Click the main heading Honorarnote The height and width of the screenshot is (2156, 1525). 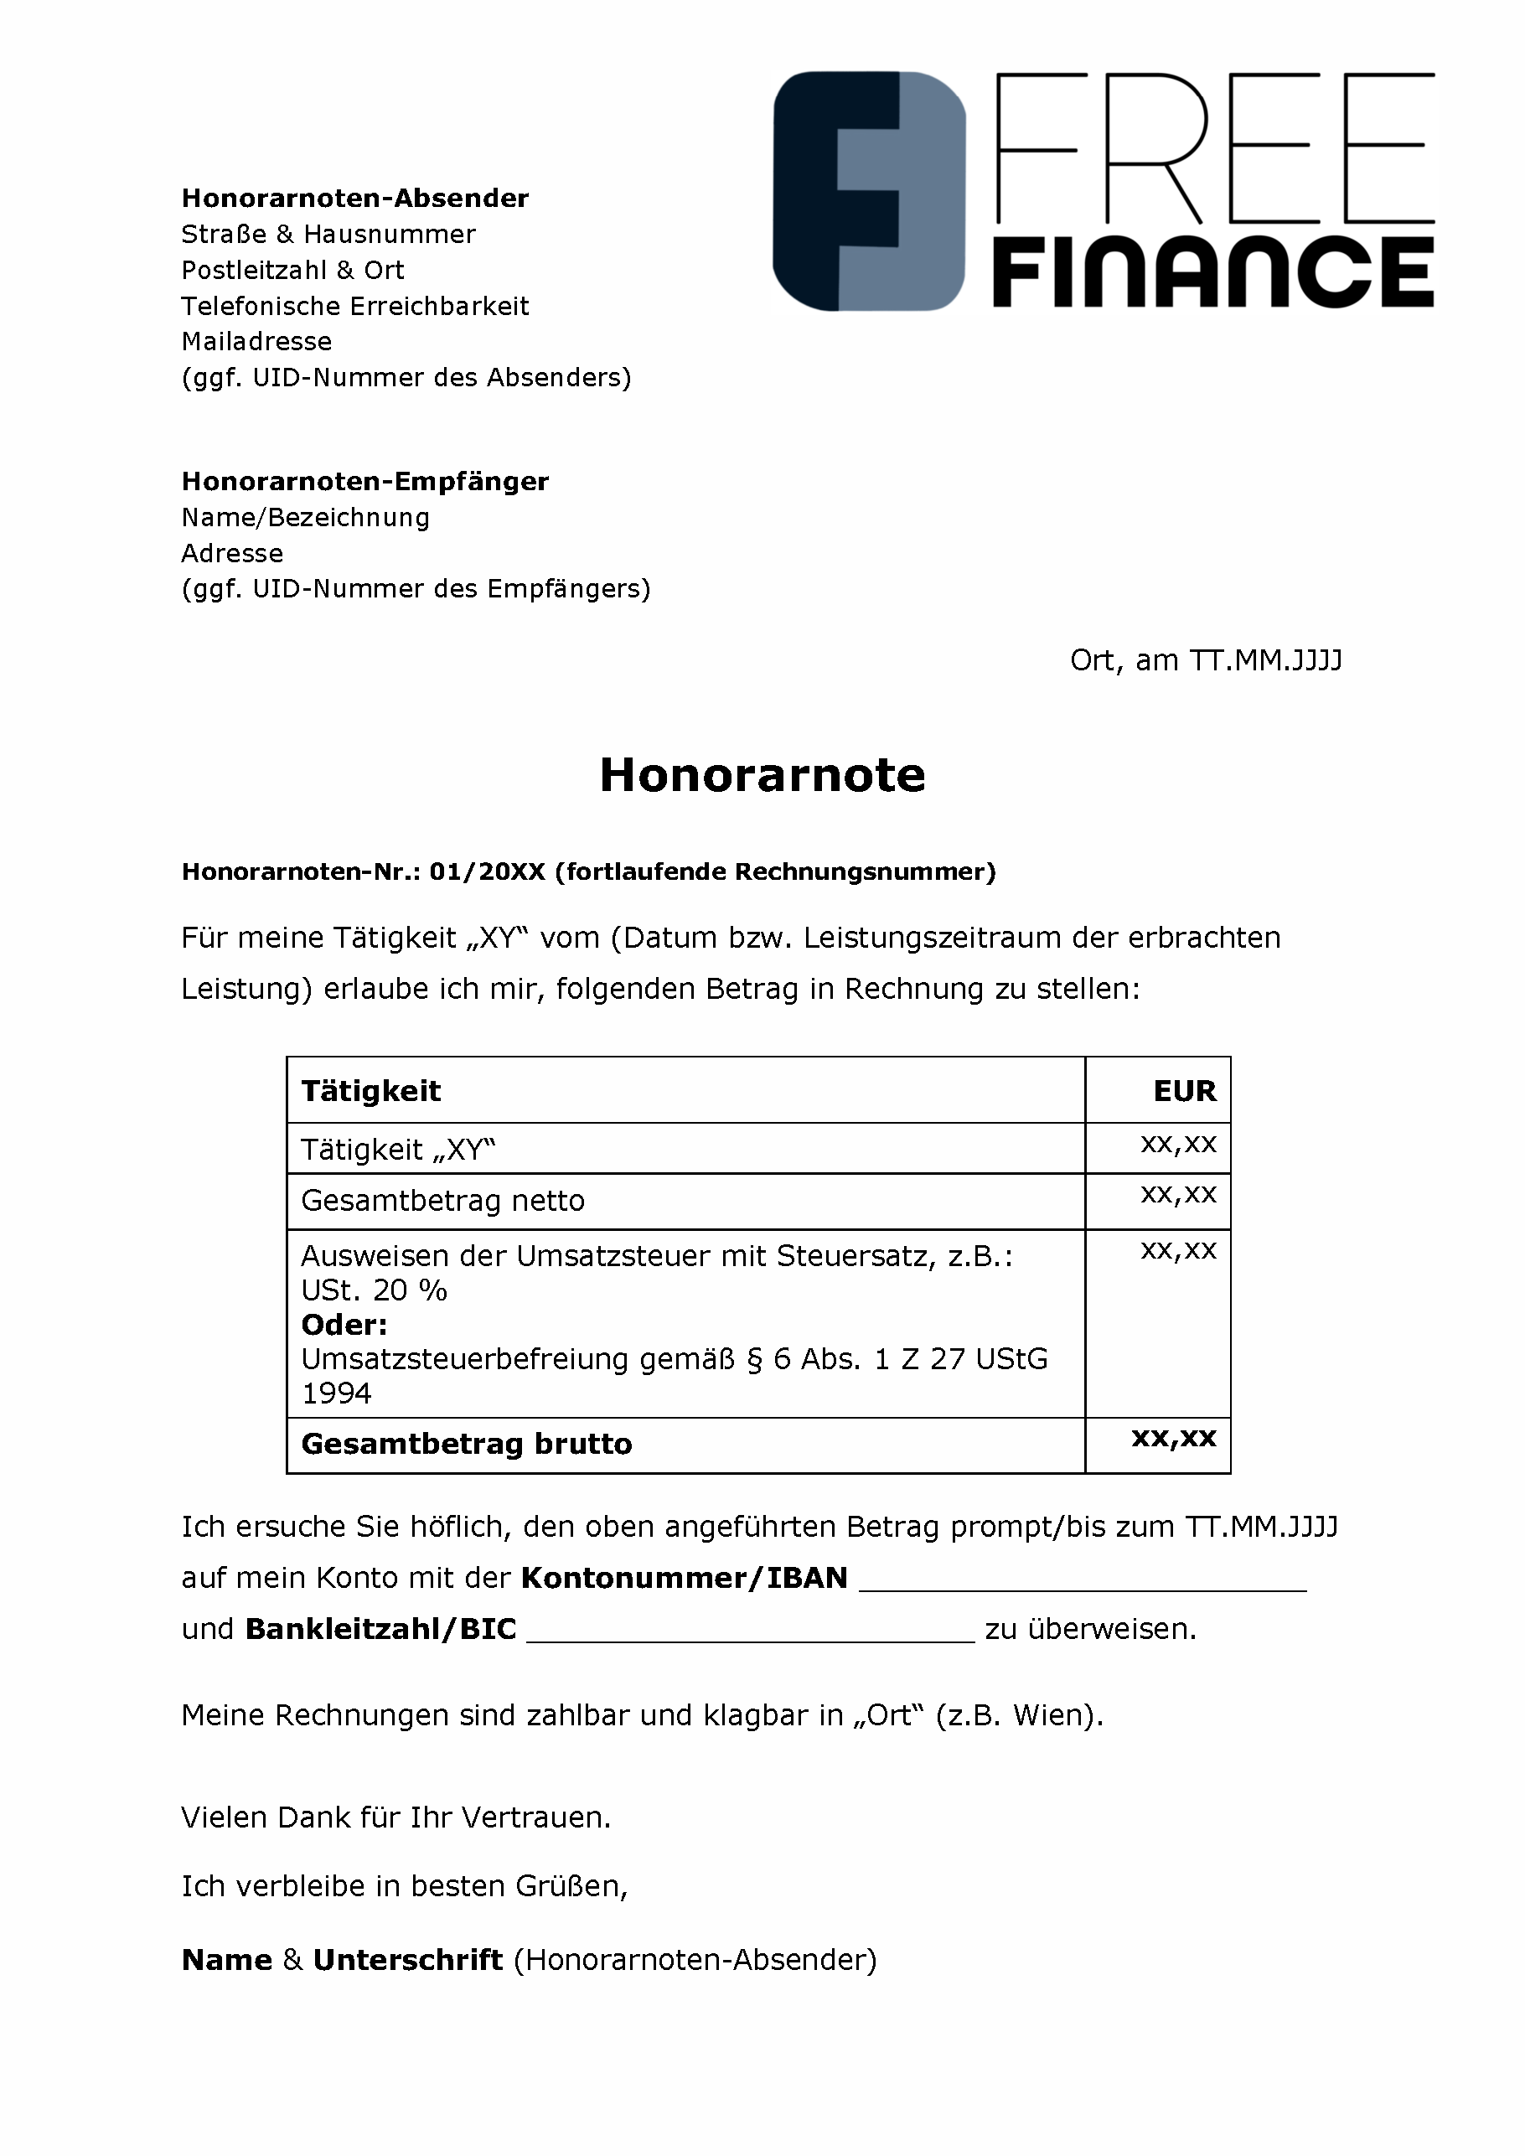pyautogui.click(x=762, y=776)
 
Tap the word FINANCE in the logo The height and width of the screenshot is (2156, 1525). pyautogui.click(x=1212, y=272)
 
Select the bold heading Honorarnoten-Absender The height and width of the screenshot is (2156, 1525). pyautogui.click(x=355, y=198)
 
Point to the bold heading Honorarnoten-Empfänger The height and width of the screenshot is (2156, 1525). pyautogui.click(x=364, y=482)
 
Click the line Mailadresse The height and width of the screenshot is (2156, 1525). pyautogui.click(x=256, y=342)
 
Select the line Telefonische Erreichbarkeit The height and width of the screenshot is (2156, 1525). pyautogui.click(x=355, y=306)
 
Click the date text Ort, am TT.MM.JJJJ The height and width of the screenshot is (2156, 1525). pyautogui.click(x=1206, y=661)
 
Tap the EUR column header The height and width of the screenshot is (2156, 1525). pyautogui.click(x=1184, y=1091)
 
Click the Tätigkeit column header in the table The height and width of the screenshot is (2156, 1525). pyautogui.click(x=371, y=1091)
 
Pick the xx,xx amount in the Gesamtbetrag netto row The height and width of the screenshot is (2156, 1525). pyautogui.click(x=1178, y=1196)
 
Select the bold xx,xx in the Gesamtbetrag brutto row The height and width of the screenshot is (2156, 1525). pyautogui.click(x=1174, y=1439)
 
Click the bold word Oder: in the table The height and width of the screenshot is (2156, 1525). pyautogui.click(x=344, y=1325)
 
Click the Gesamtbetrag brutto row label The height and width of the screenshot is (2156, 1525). pyautogui.click(x=467, y=1445)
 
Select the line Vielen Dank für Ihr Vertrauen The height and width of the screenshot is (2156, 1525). pyautogui.click(x=395, y=1818)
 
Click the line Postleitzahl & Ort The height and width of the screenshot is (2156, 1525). pyautogui.click(x=292, y=271)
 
